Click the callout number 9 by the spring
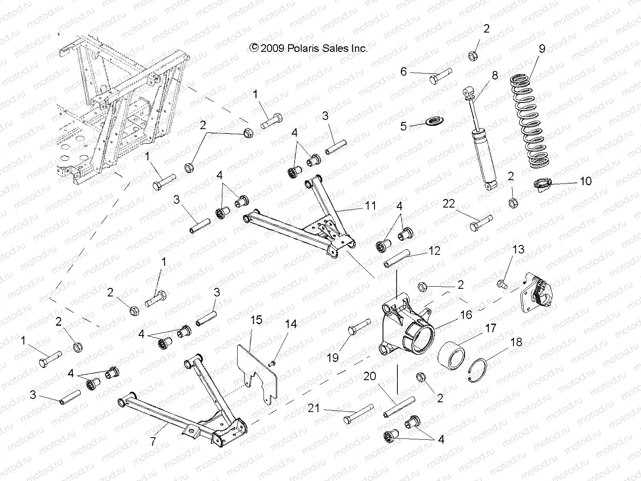[542, 49]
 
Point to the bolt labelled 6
[440, 77]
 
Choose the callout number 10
[585, 181]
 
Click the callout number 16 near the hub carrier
[466, 315]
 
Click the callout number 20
[369, 376]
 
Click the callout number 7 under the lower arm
[153, 441]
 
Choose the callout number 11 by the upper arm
[370, 206]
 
